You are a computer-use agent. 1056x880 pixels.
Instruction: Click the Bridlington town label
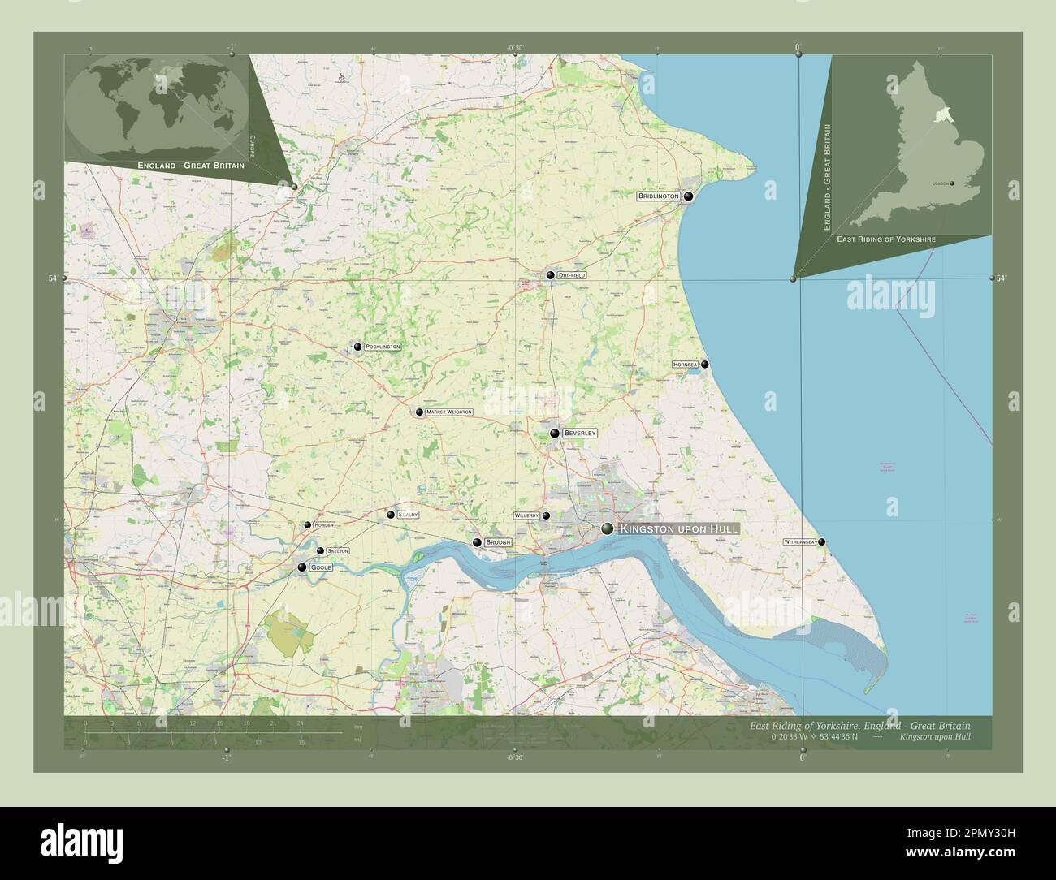click(658, 196)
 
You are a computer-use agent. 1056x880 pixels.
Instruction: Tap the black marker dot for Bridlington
click(689, 196)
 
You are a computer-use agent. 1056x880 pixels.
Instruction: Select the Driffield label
click(572, 276)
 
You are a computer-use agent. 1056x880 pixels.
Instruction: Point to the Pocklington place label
click(383, 347)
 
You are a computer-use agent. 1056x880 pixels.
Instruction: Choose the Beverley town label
click(580, 434)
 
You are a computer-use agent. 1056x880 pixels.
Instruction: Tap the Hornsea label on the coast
click(685, 365)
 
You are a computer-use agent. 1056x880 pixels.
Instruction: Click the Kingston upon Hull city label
click(679, 529)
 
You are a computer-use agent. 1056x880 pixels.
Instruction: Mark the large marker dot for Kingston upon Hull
click(608, 529)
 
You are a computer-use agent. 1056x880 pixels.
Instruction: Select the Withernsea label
click(799, 541)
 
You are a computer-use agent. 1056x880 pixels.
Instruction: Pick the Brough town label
click(497, 542)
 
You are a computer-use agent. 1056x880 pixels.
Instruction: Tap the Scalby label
click(408, 515)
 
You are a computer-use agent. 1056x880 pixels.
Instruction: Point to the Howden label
click(323, 525)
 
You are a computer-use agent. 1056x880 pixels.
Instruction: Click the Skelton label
click(337, 551)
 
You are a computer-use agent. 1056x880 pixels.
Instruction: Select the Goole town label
click(320, 567)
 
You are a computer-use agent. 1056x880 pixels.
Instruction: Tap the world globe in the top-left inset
click(157, 106)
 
